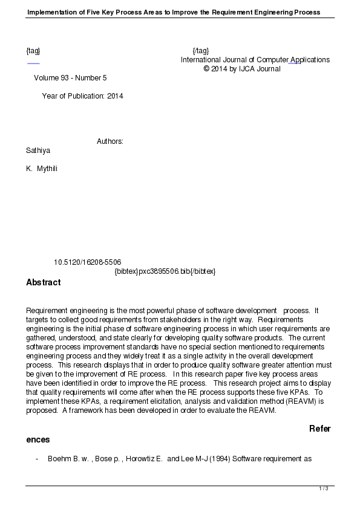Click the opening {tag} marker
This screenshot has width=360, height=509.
pos(33,51)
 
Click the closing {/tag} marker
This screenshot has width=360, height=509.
pos(200,51)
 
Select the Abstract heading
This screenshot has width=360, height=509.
pos(43,282)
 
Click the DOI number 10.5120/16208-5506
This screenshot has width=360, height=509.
pos(87,262)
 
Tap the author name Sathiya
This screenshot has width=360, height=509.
pos(38,150)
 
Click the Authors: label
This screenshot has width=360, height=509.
pos(110,141)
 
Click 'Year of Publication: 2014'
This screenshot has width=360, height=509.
pos(82,96)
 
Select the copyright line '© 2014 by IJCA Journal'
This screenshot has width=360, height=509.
pos(242,69)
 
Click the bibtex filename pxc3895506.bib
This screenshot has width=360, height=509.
pos(165,271)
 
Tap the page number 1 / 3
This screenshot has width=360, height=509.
pos(323,488)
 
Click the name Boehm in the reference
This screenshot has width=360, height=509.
pos(59,459)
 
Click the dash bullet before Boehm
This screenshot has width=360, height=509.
pos(38,459)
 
